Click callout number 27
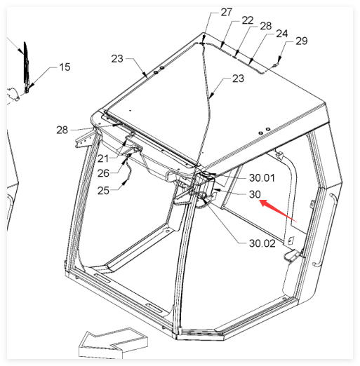click(227, 12)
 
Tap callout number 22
click(248, 20)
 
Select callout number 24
click(282, 34)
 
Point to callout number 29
click(302, 41)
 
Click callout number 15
click(65, 67)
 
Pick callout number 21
click(103, 159)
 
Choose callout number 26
click(103, 173)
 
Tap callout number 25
click(103, 191)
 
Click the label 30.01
click(262, 178)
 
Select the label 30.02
click(262, 243)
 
